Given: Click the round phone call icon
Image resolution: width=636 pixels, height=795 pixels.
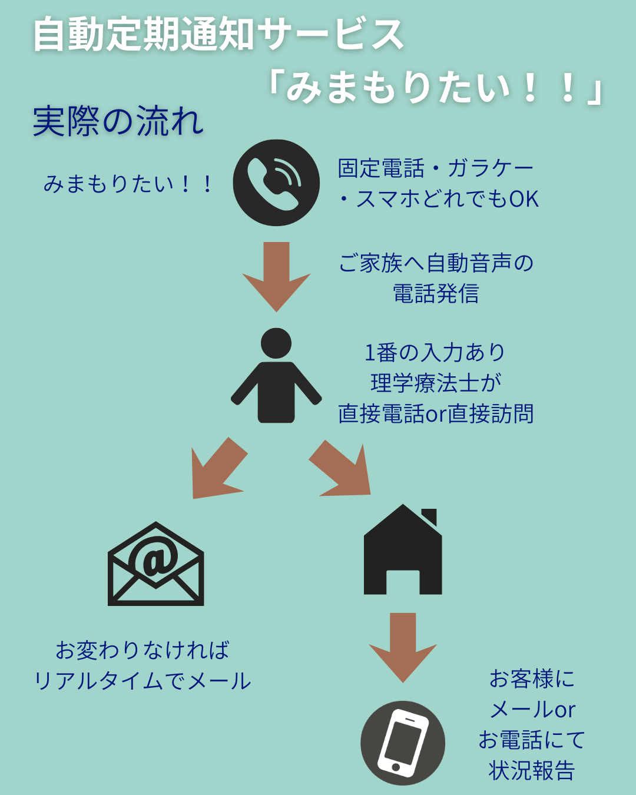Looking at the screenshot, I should (276, 183).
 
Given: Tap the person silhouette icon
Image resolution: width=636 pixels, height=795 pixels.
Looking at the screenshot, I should (276, 377).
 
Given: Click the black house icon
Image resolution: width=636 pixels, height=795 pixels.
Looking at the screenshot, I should (403, 551).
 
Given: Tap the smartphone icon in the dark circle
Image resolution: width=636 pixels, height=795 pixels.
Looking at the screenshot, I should (403, 743).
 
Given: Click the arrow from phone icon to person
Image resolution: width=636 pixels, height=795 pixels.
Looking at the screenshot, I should (276, 274).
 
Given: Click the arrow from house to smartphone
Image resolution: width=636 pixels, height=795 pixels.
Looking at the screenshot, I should (403, 645).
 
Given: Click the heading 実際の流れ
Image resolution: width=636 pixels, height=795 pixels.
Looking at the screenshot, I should (118, 122).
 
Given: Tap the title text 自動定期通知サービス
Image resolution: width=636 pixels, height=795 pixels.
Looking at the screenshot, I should (218, 34).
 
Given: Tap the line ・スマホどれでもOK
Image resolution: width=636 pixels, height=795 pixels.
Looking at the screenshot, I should (438, 199).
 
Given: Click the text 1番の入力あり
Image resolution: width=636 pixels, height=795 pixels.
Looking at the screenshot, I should (435, 352).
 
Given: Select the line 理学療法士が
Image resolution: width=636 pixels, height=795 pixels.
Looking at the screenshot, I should (436, 383).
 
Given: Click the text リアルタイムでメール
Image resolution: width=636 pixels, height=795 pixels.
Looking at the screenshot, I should (143, 681).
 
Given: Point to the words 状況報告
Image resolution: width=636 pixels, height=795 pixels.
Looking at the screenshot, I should (532, 770).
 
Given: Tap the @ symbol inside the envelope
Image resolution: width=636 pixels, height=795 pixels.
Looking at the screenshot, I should (155, 558).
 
